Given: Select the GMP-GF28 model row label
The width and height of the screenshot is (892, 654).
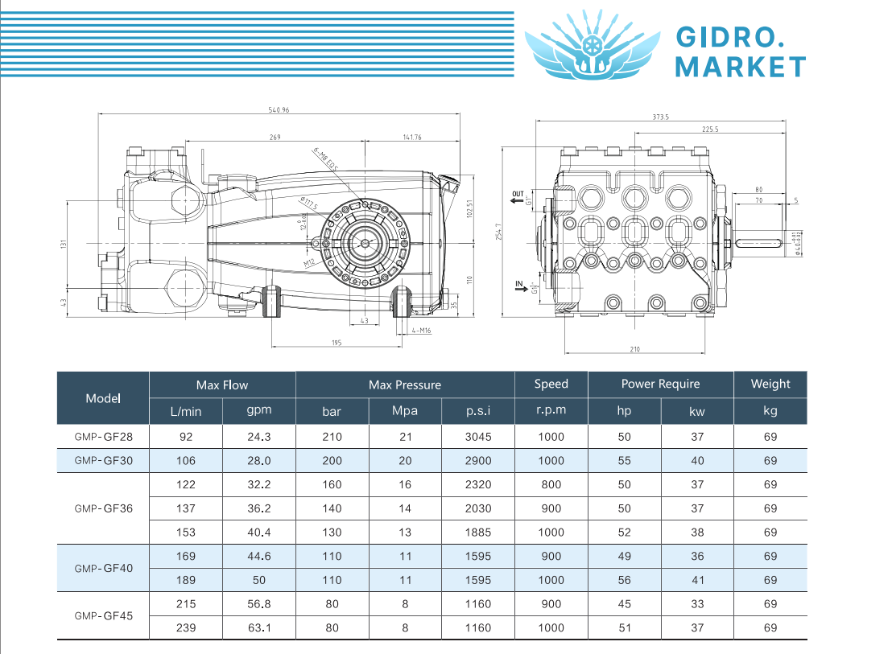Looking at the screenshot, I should [x=103, y=437].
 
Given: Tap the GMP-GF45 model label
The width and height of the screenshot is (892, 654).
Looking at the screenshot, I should [x=103, y=615].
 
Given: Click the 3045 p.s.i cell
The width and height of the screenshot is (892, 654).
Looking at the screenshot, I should [x=478, y=437].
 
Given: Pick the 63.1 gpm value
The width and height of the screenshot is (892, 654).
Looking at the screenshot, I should [x=259, y=627].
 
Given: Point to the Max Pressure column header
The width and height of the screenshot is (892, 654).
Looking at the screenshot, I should [x=405, y=385].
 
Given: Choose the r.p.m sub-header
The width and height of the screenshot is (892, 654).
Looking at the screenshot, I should [x=551, y=410].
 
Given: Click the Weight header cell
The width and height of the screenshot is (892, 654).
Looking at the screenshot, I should [x=770, y=384].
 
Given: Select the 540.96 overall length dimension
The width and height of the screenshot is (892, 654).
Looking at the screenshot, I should [x=278, y=110].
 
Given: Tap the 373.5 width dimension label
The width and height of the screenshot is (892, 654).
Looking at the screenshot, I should [x=660, y=117].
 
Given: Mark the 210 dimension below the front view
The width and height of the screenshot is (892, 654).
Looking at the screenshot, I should [x=634, y=349].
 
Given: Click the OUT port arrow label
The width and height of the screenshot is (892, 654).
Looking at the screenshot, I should [x=518, y=195].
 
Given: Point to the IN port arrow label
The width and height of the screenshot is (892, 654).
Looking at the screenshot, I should [x=519, y=284].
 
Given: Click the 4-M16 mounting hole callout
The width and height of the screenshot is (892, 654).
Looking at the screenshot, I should [x=421, y=331].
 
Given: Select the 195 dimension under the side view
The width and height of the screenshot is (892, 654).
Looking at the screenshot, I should [x=337, y=343].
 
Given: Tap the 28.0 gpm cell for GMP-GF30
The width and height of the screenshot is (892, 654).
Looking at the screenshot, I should [x=259, y=461].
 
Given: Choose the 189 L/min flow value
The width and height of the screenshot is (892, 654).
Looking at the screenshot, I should [x=186, y=580].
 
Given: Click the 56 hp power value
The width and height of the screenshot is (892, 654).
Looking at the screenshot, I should [x=625, y=580].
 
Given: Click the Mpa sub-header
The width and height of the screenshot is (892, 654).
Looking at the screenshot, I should [x=405, y=411].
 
